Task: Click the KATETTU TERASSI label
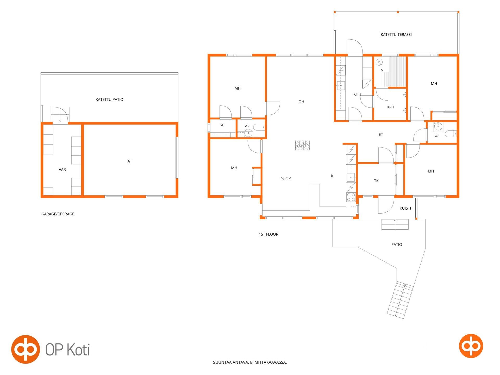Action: pos(396,34)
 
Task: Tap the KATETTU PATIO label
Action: pos(109,99)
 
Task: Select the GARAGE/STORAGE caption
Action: pos(58,214)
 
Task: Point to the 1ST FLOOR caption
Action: pos(268,234)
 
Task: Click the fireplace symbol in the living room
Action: pos(302,145)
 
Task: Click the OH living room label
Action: pos(301,102)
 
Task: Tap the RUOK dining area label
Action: pos(285,179)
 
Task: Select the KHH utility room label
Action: pos(357,94)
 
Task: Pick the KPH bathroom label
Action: pos(390,107)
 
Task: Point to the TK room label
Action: pos(376,181)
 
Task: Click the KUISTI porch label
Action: pos(405,208)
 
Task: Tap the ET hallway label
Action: pos(381,135)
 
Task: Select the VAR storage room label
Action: pos(62,170)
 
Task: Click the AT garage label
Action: pos(130,161)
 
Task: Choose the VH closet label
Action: pos(222,125)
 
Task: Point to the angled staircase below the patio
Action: pos(400,300)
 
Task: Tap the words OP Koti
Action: pos(68,349)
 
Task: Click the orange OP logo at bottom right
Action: pos(471,346)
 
